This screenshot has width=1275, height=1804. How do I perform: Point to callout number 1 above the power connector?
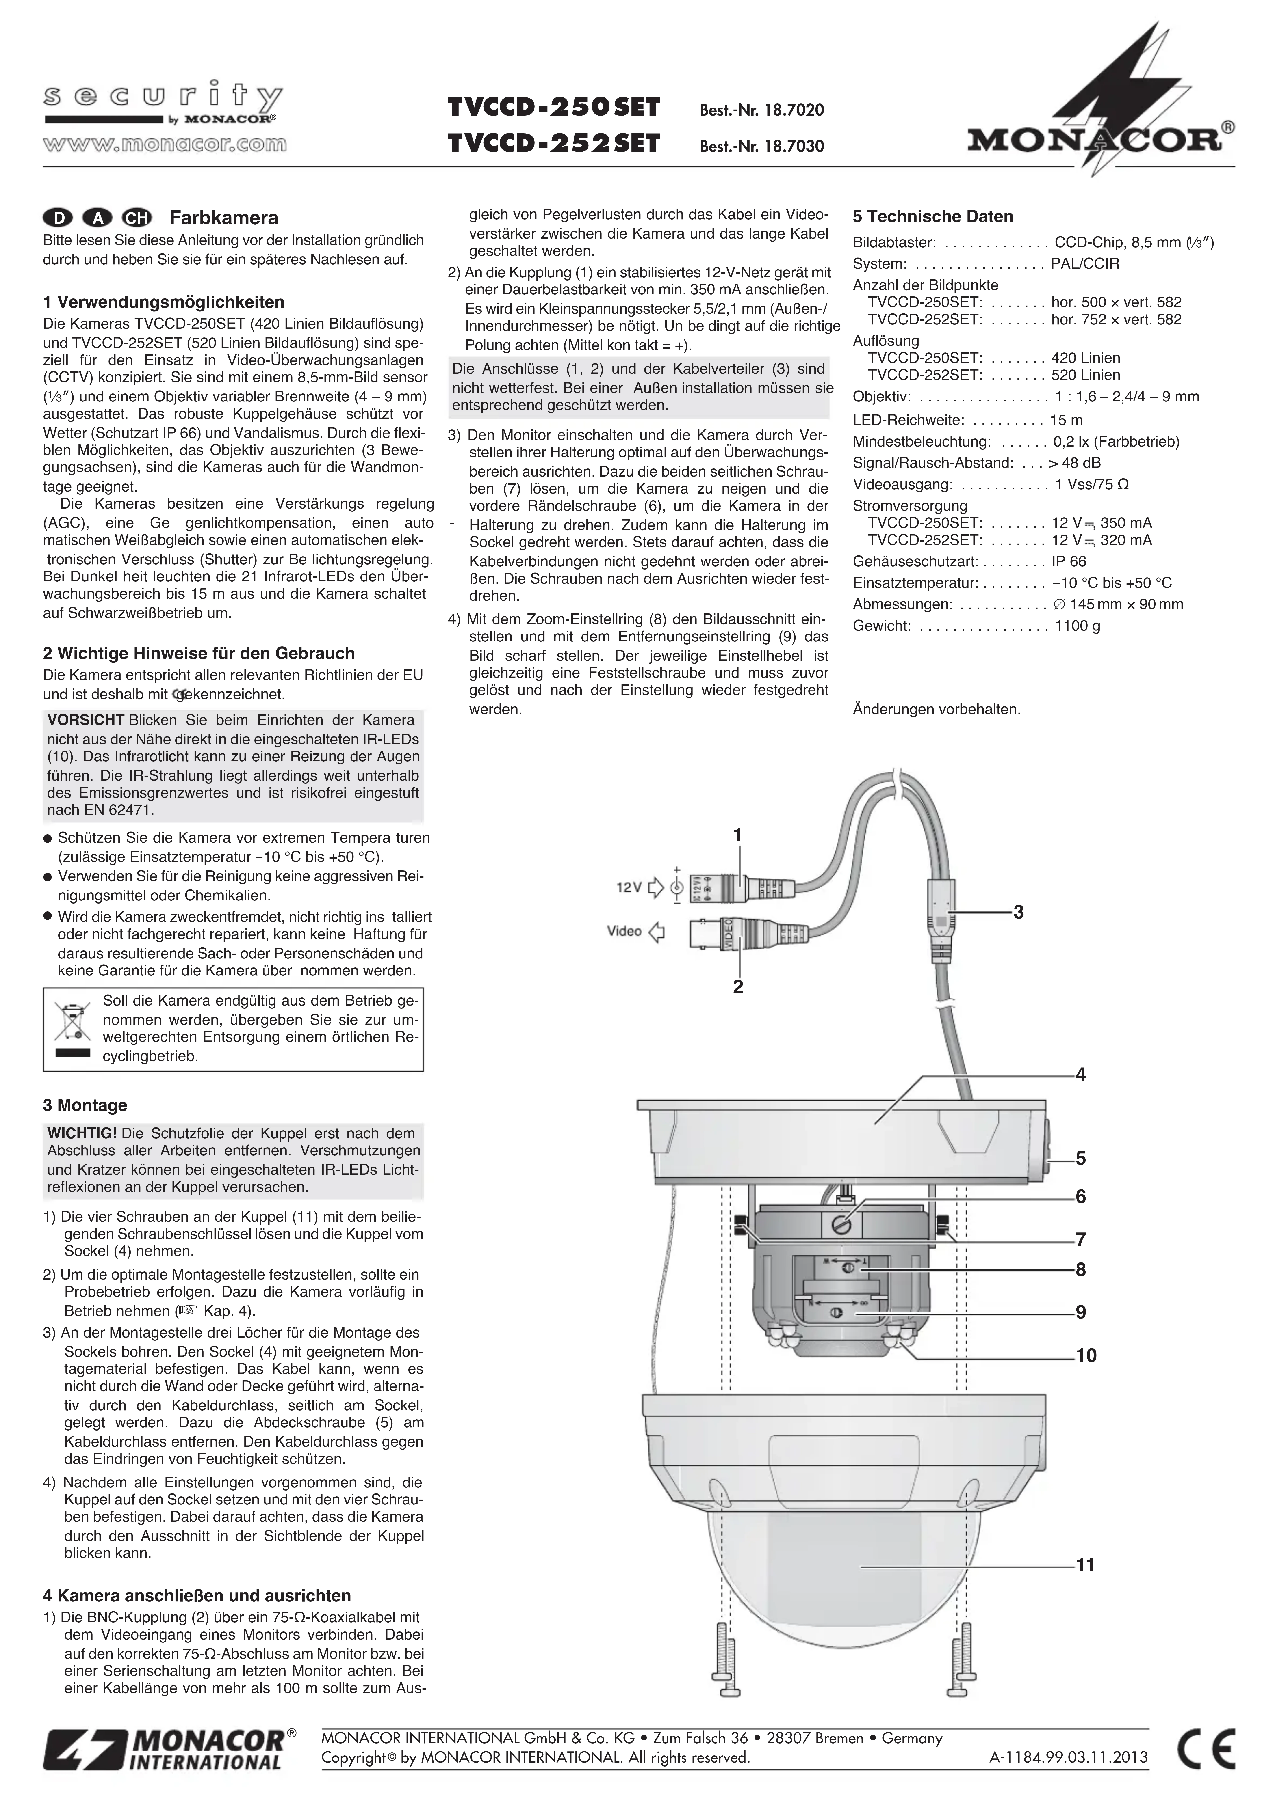(x=737, y=834)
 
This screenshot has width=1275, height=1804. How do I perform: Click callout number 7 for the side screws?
(x=1081, y=1239)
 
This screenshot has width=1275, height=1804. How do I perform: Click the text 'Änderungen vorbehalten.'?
(x=936, y=710)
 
